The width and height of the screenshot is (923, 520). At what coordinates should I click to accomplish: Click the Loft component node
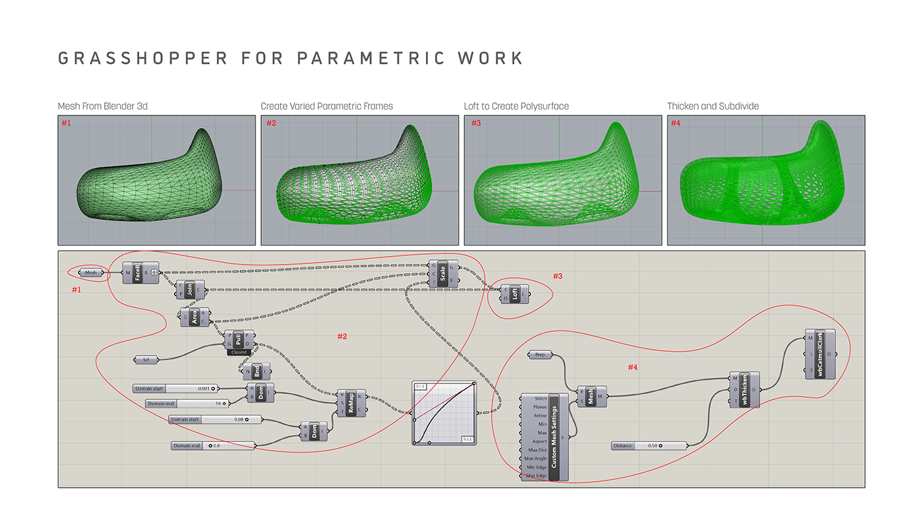[x=515, y=294]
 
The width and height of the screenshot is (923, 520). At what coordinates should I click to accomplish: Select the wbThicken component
[x=744, y=389]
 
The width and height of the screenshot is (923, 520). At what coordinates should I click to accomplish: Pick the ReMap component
[x=351, y=403]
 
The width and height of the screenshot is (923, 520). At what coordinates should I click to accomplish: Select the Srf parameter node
[x=146, y=360]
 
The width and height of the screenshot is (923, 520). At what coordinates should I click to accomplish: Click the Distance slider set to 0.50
[x=649, y=445]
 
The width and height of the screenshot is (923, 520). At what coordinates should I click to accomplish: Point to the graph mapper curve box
[x=444, y=412]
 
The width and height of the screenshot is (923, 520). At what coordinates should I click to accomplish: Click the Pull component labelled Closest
[x=239, y=342]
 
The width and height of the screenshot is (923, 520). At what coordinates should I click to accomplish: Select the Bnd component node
[x=256, y=370]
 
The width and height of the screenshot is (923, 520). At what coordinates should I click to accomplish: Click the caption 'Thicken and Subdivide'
[x=713, y=106]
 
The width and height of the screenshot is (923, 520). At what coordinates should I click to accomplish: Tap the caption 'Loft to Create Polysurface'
[x=516, y=106]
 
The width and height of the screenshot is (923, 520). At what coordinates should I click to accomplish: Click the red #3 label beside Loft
[x=558, y=276]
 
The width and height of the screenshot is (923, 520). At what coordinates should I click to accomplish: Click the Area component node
[x=194, y=317]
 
